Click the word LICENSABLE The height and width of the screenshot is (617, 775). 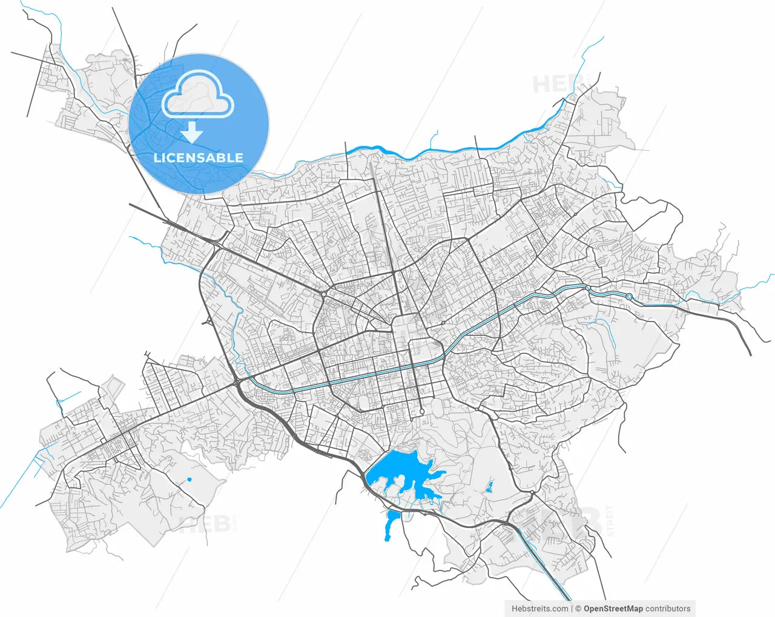tap(199, 158)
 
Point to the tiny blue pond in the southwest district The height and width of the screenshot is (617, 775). tap(190, 480)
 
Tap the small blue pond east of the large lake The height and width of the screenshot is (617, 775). tap(490, 487)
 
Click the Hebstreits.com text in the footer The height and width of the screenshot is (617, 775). tap(539, 609)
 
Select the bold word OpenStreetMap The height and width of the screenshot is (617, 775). tap(613, 609)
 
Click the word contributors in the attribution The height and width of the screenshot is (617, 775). tap(667, 609)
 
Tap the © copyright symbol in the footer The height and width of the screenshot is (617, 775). tap(578, 609)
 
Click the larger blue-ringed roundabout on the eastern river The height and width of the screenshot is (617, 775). tap(630, 297)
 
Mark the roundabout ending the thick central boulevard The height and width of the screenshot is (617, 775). tap(421, 412)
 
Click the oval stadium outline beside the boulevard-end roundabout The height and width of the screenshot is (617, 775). tap(364, 402)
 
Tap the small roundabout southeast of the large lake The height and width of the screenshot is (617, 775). tap(532, 495)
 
